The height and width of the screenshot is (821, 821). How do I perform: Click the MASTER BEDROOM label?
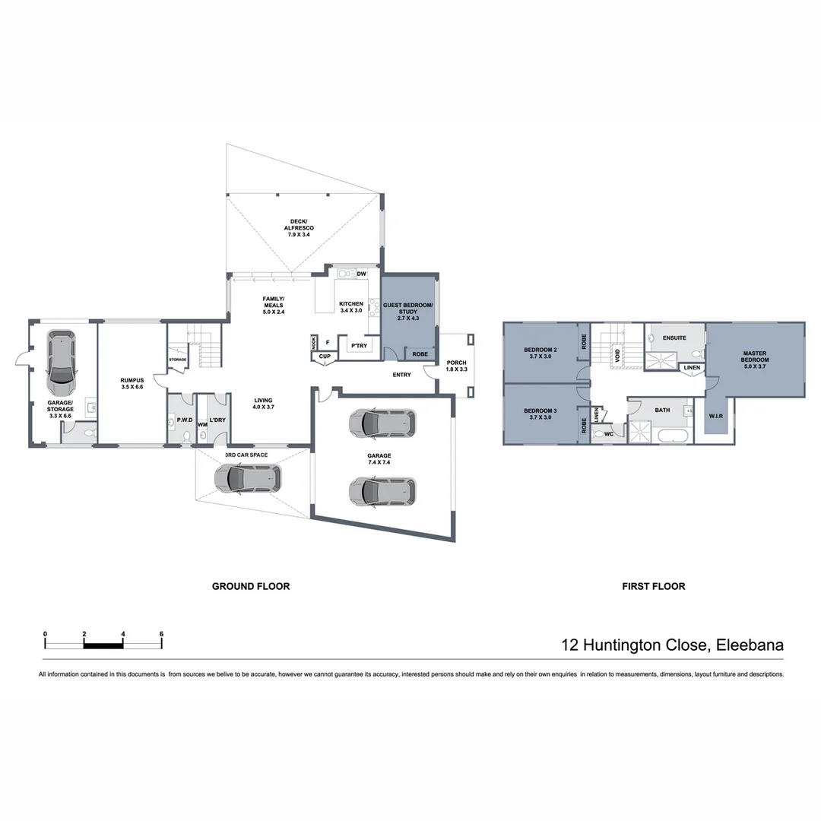pyautogui.click(x=755, y=360)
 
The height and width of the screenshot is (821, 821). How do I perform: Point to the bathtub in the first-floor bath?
pyautogui.click(x=673, y=436)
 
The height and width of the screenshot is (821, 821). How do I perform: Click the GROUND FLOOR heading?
pyautogui.click(x=250, y=586)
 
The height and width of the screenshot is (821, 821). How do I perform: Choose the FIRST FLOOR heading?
pyautogui.click(x=653, y=586)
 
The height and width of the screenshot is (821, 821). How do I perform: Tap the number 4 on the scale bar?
pyautogui.click(x=122, y=633)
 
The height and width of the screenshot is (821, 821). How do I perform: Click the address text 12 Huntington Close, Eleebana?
pyautogui.click(x=672, y=645)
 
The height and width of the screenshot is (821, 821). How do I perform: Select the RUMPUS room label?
pyautogui.click(x=132, y=382)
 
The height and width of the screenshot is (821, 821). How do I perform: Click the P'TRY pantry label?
pyautogui.click(x=358, y=346)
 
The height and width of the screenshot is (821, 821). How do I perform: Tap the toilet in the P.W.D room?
pyautogui.click(x=185, y=436)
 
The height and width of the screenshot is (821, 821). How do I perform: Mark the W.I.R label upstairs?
pyautogui.click(x=715, y=417)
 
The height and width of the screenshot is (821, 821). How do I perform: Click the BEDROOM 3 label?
pyautogui.click(x=540, y=415)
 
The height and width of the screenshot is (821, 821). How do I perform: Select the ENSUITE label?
pyautogui.click(x=674, y=337)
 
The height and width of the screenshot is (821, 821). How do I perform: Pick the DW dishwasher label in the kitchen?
pyautogui.click(x=362, y=274)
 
